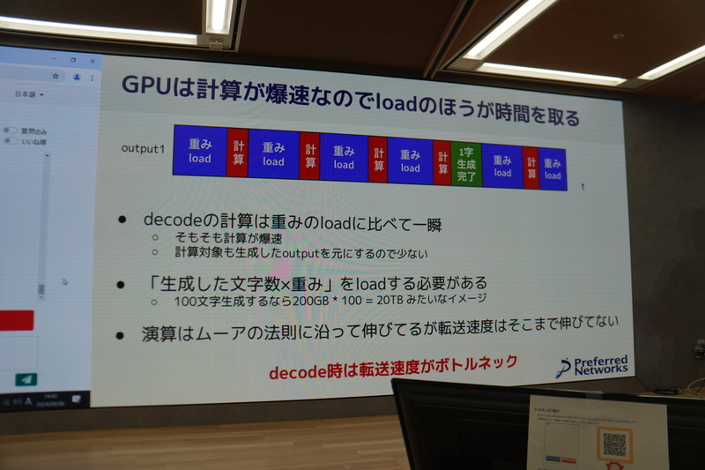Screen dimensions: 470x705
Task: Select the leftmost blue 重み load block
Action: [x=199, y=150]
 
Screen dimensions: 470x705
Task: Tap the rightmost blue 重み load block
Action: [x=553, y=168]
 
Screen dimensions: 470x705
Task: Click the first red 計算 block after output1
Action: [x=238, y=153]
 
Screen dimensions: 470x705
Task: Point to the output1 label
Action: [x=143, y=148]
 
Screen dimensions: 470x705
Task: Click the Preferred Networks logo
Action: [x=593, y=365]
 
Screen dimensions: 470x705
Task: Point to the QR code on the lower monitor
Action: [x=613, y=444]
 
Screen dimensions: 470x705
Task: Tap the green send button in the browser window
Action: [x=26, y=379]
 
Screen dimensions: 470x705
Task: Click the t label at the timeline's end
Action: [x=583, y=186]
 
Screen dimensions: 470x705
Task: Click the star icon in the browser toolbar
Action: [x=56, y=77]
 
